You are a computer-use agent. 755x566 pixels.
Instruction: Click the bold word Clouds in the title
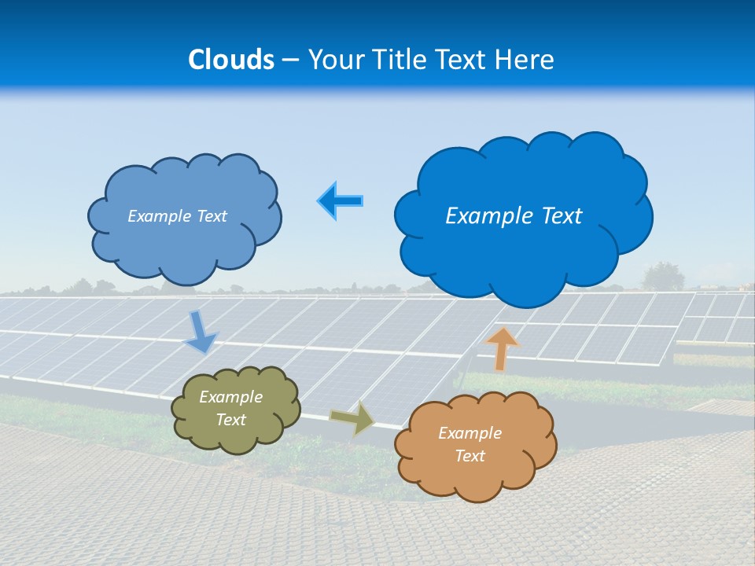(x=231, y=60)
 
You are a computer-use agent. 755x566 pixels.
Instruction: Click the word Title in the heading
(x=400, y=60)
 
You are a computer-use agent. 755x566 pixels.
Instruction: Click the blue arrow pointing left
(x=341, y=201)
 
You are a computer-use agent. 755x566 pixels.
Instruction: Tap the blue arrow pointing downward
(x=201, y=333)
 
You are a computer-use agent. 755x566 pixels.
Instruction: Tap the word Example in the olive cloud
(x=231, y=397)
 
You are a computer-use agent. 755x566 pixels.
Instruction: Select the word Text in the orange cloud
(x=470, y=456)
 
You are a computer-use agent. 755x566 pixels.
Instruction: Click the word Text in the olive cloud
(x=231, y=420)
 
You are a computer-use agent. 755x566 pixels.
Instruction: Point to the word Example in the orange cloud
(x=470, y=433)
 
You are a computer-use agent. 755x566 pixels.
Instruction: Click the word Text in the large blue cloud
(x=562, y=216)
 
